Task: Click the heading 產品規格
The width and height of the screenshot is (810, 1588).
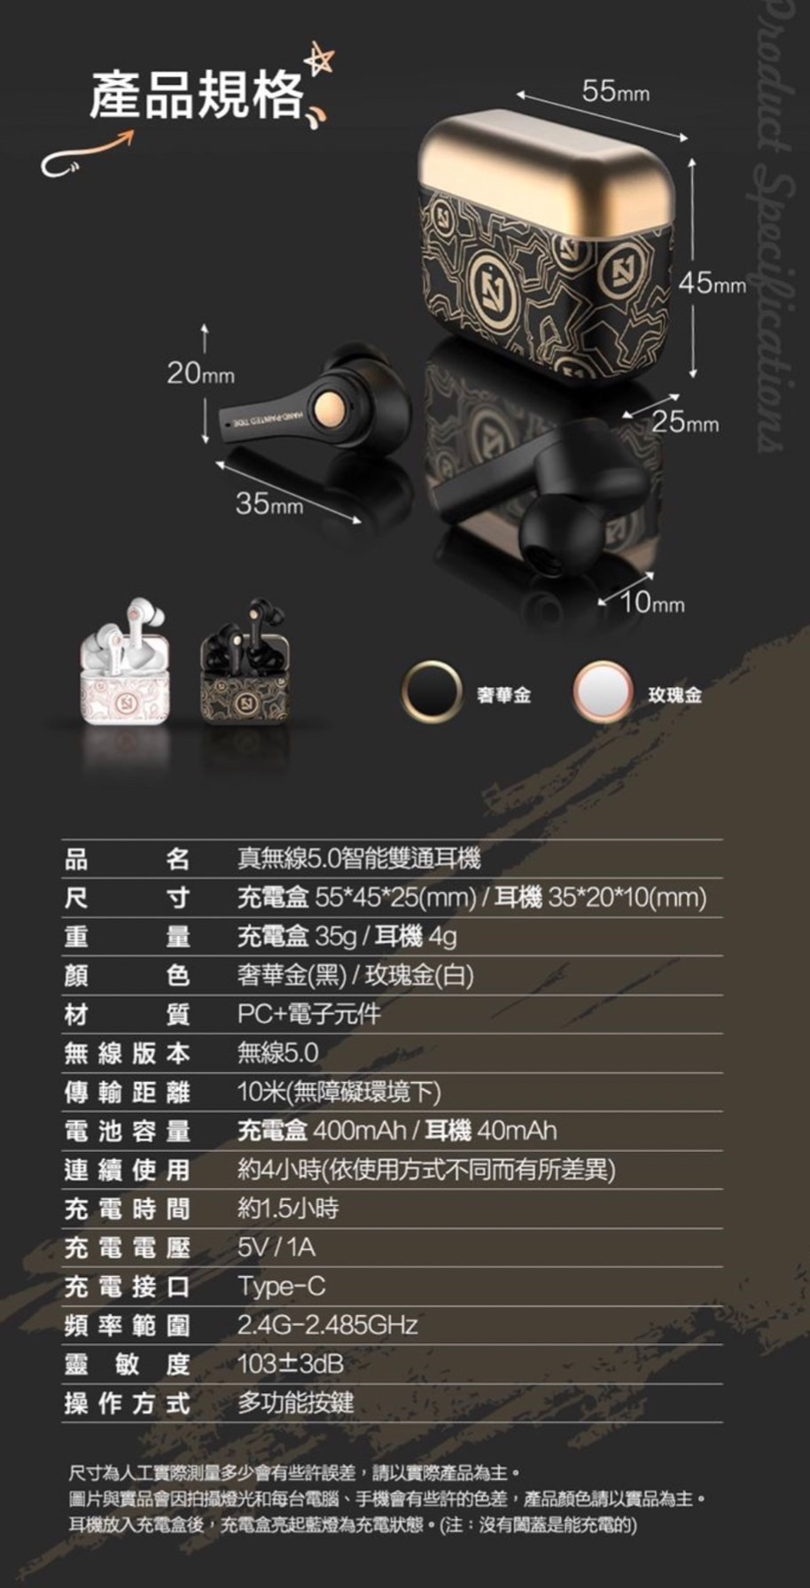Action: click(x=196, y=95)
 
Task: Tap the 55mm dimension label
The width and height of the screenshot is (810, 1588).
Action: click(x=615, y=90)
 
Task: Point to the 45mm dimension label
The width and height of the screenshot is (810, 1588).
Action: click(x=713, y=283)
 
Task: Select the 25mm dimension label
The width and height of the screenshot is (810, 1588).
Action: click(x=686, y=423)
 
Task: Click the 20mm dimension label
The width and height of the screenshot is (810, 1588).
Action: click(x=201, y=373)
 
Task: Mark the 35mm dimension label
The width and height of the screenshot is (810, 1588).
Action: click(x=269, y=503)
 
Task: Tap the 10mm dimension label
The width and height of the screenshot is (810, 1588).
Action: click(x=652, y=603)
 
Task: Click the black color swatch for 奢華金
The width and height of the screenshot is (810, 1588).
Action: click(x=432, y=690)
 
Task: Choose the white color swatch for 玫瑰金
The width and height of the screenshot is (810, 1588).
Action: click(x=603, y=690)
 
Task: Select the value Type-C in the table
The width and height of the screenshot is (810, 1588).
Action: click(x=282, y=1287)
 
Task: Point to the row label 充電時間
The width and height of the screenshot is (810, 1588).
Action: click(x=127, y=1209)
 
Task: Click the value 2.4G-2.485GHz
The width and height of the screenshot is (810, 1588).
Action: click(x=327, y=1326)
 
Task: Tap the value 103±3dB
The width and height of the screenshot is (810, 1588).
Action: click(x=291, y=1364)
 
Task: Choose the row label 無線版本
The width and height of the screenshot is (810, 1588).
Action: click(x=127, y=1053)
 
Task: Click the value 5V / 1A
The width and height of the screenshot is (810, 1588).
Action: click(x=276, y=1248)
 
